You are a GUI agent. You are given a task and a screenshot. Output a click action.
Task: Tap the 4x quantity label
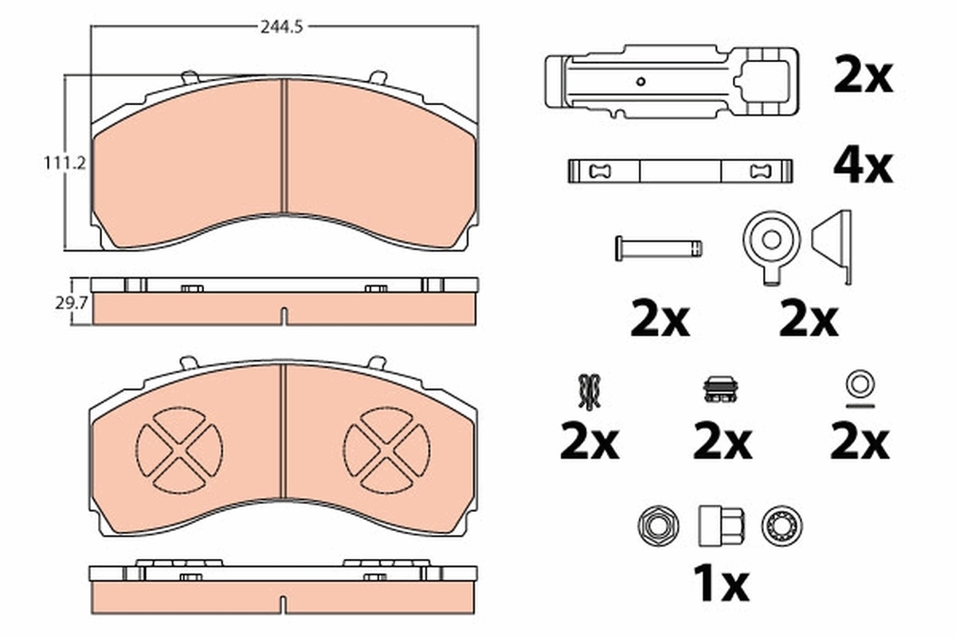pos(863,166)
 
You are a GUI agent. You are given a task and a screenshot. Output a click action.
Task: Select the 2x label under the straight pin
pos(660,320)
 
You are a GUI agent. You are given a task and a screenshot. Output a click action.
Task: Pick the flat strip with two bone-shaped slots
pos(680,170)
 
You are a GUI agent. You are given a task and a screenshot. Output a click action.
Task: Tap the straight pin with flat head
pos(659,248)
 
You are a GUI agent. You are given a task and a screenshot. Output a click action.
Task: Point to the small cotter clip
pos(590,392)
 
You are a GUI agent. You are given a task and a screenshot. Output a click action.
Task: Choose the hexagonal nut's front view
pos(658,526)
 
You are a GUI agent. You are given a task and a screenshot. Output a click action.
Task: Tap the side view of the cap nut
pos(721,525)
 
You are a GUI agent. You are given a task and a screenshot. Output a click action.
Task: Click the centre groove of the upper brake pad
pos(284,151)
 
